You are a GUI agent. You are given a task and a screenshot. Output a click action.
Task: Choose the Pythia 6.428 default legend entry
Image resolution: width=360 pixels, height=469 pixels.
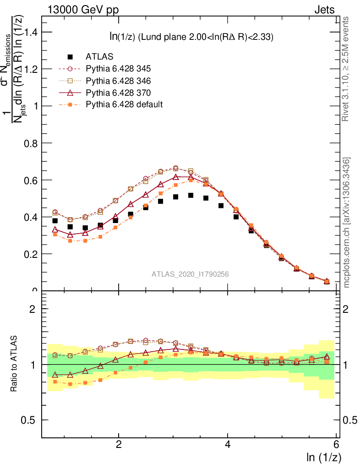click(124, 104)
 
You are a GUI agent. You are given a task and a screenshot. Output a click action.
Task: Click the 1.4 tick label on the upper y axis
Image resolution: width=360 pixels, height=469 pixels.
click(31, 32)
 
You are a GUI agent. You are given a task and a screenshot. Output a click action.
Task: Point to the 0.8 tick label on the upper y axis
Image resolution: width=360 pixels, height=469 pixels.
click(31, 143)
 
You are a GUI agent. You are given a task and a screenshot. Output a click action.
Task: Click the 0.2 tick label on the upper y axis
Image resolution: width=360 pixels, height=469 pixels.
click(31, 254)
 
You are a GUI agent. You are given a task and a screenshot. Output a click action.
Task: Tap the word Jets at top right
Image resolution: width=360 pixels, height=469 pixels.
click(324, 10)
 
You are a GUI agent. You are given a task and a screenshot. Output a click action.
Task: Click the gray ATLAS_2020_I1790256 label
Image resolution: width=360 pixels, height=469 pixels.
click(191, 274)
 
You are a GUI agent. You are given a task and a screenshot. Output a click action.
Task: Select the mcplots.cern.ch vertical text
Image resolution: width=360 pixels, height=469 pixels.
click(347, 223)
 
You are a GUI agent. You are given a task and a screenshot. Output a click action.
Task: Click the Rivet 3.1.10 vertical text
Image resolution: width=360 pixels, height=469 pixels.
click(347, 69)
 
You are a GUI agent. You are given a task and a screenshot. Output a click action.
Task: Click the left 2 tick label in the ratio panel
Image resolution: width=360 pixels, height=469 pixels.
click(32, 309)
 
